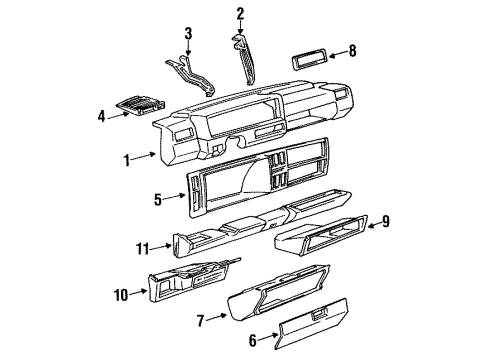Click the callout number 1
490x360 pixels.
click(x=127, y=160)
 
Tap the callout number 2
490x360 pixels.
click(x=240, y=14)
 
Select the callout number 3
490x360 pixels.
click(x=188, y=34)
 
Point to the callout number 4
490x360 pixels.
click(x=102, y=116)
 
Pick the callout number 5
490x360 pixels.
click(x=158, y=200)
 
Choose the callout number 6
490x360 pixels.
click(x=253, y=341)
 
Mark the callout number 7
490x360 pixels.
click(x=200, y=321)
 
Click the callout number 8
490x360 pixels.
click(x=352, y=51)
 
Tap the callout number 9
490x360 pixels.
click(x=386, y=221)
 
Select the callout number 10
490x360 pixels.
click(x=121, y=295)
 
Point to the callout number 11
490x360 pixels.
click(x=143, y=249)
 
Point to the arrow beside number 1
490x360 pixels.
click(x=144, y=156)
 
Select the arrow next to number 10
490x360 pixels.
click(x=138, y=292)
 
